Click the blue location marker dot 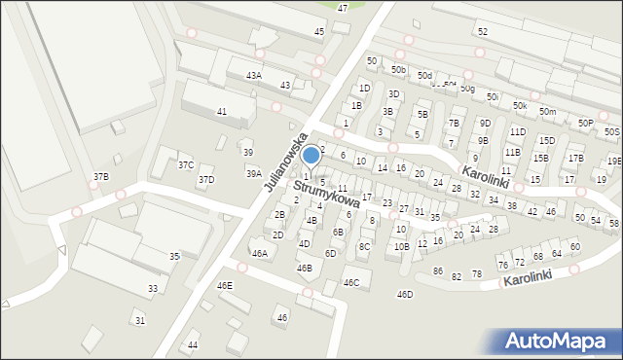311,155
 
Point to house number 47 342,8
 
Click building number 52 483,32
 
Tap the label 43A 254,75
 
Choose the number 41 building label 222,112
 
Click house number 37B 101,176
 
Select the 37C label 185,165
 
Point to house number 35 174,256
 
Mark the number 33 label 153,289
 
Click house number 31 140,320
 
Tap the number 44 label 193,345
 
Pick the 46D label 405,294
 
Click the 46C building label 351,283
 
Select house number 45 319,32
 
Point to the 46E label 225,285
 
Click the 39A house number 253,173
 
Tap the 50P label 585,124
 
